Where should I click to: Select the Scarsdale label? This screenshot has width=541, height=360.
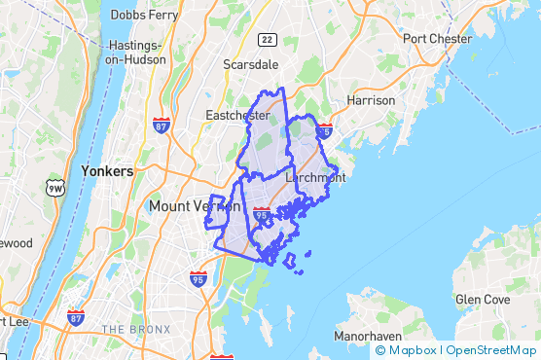pyautogui.click(x=250, y=64)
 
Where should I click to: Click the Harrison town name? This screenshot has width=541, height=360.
pyautogui.click(x=371, y=100)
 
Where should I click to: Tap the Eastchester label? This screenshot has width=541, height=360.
pyautogui.click(x=237, y=116)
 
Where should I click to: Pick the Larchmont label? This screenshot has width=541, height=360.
pyautogui.click(x=315, y=178)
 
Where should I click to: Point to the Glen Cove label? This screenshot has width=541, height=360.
pyautogui.click(x=482, y=301)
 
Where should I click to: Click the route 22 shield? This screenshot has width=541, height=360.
pyautogui.click(x=266, y=39)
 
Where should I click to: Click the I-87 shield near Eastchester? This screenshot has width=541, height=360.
pyautogui.click(x=162, y=125)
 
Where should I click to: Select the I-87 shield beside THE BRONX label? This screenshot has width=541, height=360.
pyautogui.click(x=76, y=318)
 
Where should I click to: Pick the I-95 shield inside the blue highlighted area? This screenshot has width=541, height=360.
pyautogui.click(x=261, y=212)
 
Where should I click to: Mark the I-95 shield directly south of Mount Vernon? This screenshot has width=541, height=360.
pyautogui.click(x=198, y=279)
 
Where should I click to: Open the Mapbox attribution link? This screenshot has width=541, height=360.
pyautogui.click(x=407, y=350)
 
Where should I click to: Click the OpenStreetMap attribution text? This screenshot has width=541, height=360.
pyautogui.click(x=490, y=350)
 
